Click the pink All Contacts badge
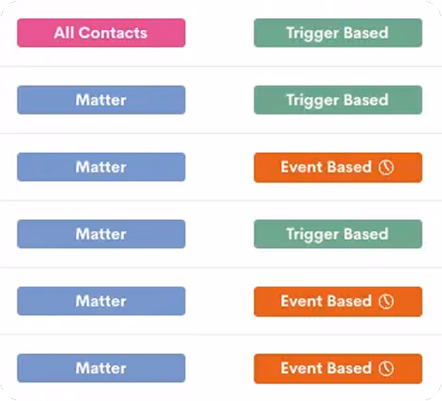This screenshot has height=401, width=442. click(101, 33)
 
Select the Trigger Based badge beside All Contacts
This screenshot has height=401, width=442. click(337, 33)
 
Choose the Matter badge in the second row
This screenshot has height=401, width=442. click(101, 100)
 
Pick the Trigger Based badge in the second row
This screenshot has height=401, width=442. click(337, 100)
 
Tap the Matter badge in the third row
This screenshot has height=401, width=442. click(101, 167)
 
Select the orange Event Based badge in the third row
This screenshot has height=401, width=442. click(337, 167)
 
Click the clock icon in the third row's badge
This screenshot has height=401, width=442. click(386, 167)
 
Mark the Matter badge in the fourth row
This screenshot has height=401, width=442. click(101, 234)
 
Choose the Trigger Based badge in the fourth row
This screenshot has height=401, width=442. click(337, 234)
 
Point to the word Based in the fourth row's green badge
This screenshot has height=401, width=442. click(366, 234)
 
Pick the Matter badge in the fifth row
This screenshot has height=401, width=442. click(101, 301)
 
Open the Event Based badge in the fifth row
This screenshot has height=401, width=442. click(337, 301)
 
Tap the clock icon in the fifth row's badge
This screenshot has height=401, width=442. click(386, 302)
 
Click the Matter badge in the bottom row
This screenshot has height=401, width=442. click(101, 368)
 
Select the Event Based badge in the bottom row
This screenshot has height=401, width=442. click(337, 368)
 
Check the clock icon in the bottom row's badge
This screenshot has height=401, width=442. click(386, 369)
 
